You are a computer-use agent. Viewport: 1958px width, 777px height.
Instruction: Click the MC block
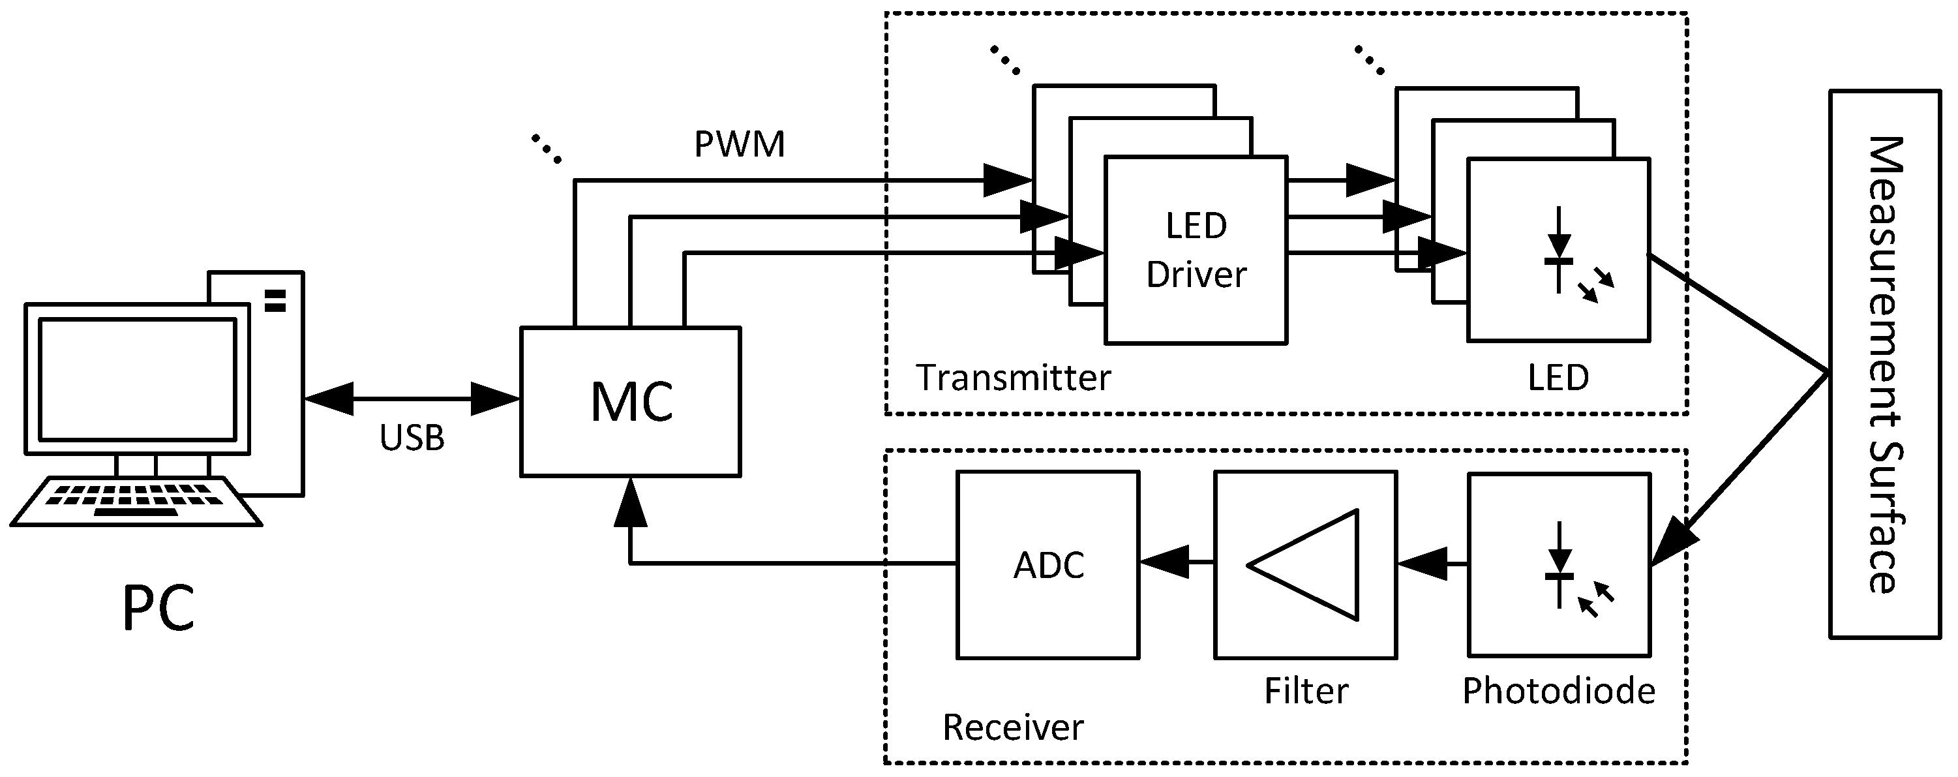pos(630,401)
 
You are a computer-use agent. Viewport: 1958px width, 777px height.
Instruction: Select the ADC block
pos(1047,565)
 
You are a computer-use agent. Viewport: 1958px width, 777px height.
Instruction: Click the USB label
pos(412,438)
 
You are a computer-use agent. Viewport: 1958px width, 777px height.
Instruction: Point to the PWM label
pos(740,144)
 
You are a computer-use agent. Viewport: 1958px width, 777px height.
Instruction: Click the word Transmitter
pos(1012,378)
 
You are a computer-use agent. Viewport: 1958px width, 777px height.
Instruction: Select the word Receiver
pos(1012,727)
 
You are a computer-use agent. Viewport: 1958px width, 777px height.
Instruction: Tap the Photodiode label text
pos(1558,691)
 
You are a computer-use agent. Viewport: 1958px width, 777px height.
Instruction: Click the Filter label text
pos(1306,691)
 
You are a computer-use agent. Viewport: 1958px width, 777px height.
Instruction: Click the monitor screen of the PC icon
pos(137,378)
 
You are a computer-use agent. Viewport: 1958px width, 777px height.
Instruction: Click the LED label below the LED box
pos(1558,378)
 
